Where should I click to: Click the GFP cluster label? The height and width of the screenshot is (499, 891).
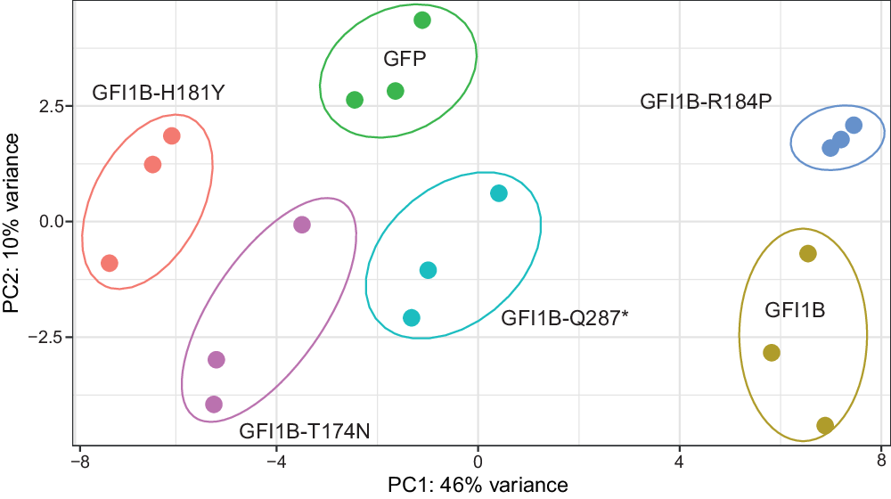(405, 60)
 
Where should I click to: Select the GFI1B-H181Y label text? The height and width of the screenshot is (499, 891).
(158, 93)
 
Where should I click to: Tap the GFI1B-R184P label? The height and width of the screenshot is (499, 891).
(706, 102)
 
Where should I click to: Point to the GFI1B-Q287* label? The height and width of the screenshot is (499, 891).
(565, 316)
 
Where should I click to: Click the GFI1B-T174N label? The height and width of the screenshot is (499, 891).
(305, 432)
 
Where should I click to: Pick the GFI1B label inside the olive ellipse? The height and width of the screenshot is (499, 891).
(795, 310)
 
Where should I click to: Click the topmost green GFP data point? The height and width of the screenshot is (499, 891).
(422, 20)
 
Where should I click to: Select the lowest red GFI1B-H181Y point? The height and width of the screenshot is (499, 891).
(110, 263)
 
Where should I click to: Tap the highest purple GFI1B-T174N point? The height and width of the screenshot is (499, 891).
(302, 225)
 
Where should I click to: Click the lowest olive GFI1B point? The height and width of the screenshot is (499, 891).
(825, 425)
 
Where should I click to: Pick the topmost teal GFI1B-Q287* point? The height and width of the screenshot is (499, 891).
(499, 193)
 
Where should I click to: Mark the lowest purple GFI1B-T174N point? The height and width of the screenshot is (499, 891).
(214, 405)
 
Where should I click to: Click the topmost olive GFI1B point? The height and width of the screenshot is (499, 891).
(808, 254)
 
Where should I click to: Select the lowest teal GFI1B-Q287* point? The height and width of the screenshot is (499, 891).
(412, 318)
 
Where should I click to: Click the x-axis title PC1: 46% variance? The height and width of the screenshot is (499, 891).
(478, 485)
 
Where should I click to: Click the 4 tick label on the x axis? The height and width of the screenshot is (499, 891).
(680, 461)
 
